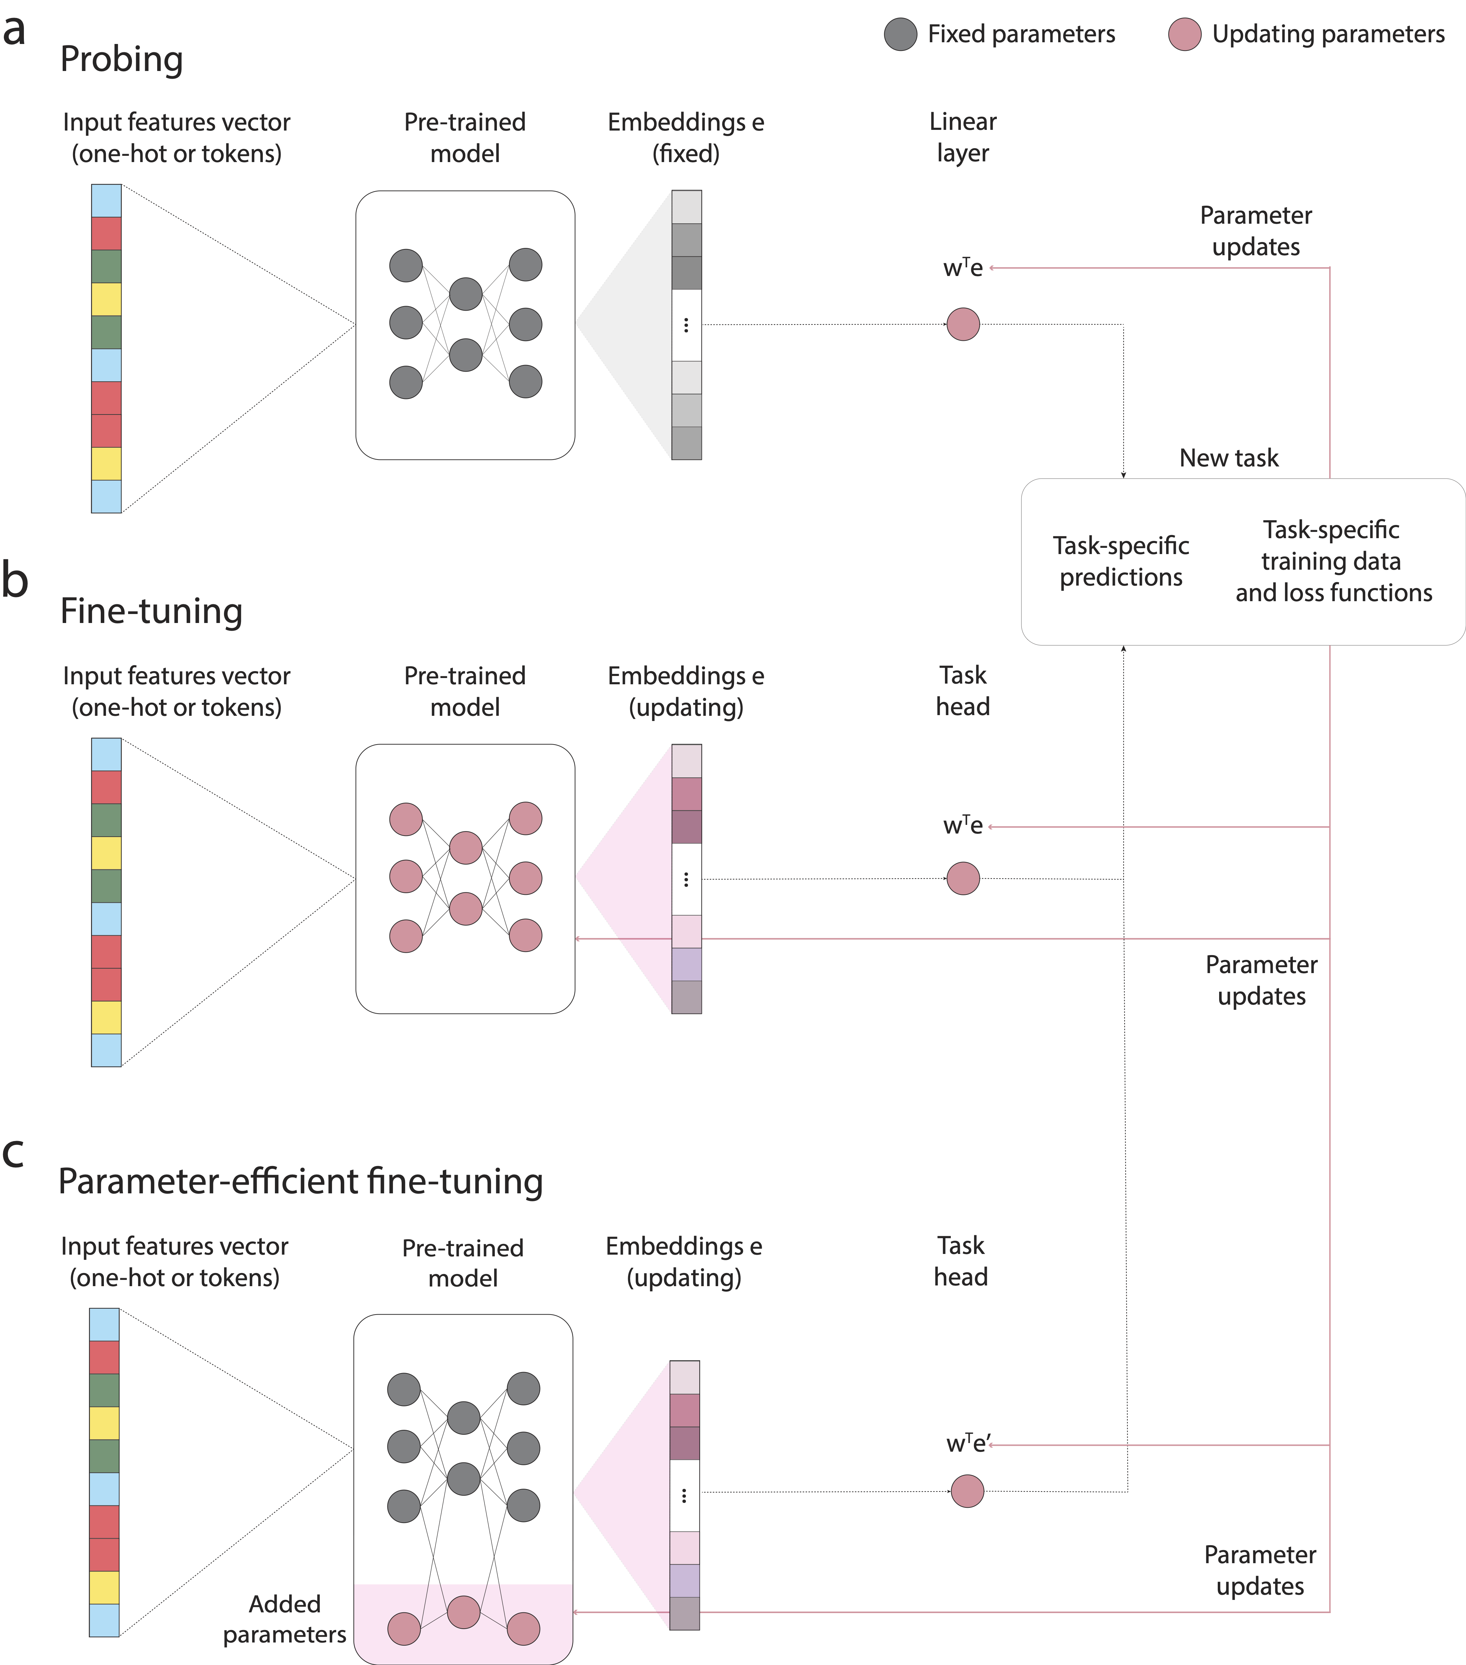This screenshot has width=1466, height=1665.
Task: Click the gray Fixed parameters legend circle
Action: [x=900, y=34]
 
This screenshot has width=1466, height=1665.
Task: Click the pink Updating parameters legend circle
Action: [x=1184, y=34]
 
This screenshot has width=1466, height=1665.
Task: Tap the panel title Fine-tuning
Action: [x=152, y=611]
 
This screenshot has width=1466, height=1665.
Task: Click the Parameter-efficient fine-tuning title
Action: [x=301, y=1181]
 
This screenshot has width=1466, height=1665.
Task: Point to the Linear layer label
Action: [x=963, y=137]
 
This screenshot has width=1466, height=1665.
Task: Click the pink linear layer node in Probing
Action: [x=963, y=324]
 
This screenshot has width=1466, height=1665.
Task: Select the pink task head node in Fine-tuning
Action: [x=963, y=878]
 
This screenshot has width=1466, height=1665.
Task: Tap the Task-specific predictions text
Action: [x=1121, y=561]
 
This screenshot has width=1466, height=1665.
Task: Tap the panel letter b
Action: [x=15, y=580]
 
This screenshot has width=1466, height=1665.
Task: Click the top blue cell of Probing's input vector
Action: [x=106, y=201]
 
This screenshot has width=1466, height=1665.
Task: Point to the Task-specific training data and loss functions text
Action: [x=1332, y=561]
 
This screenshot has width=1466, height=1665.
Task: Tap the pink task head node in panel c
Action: [x=967, y=1491]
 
